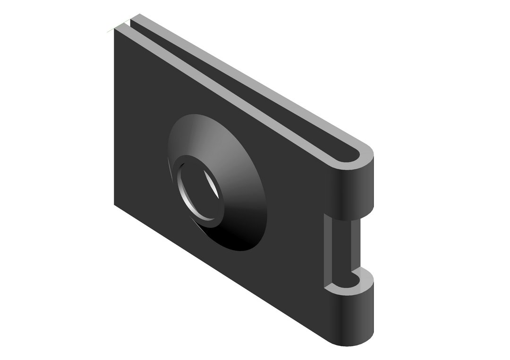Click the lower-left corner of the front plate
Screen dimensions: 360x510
click(115, 204)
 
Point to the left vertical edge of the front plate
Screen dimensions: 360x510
click(115, 118)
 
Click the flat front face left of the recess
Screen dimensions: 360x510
click(142, 142)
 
